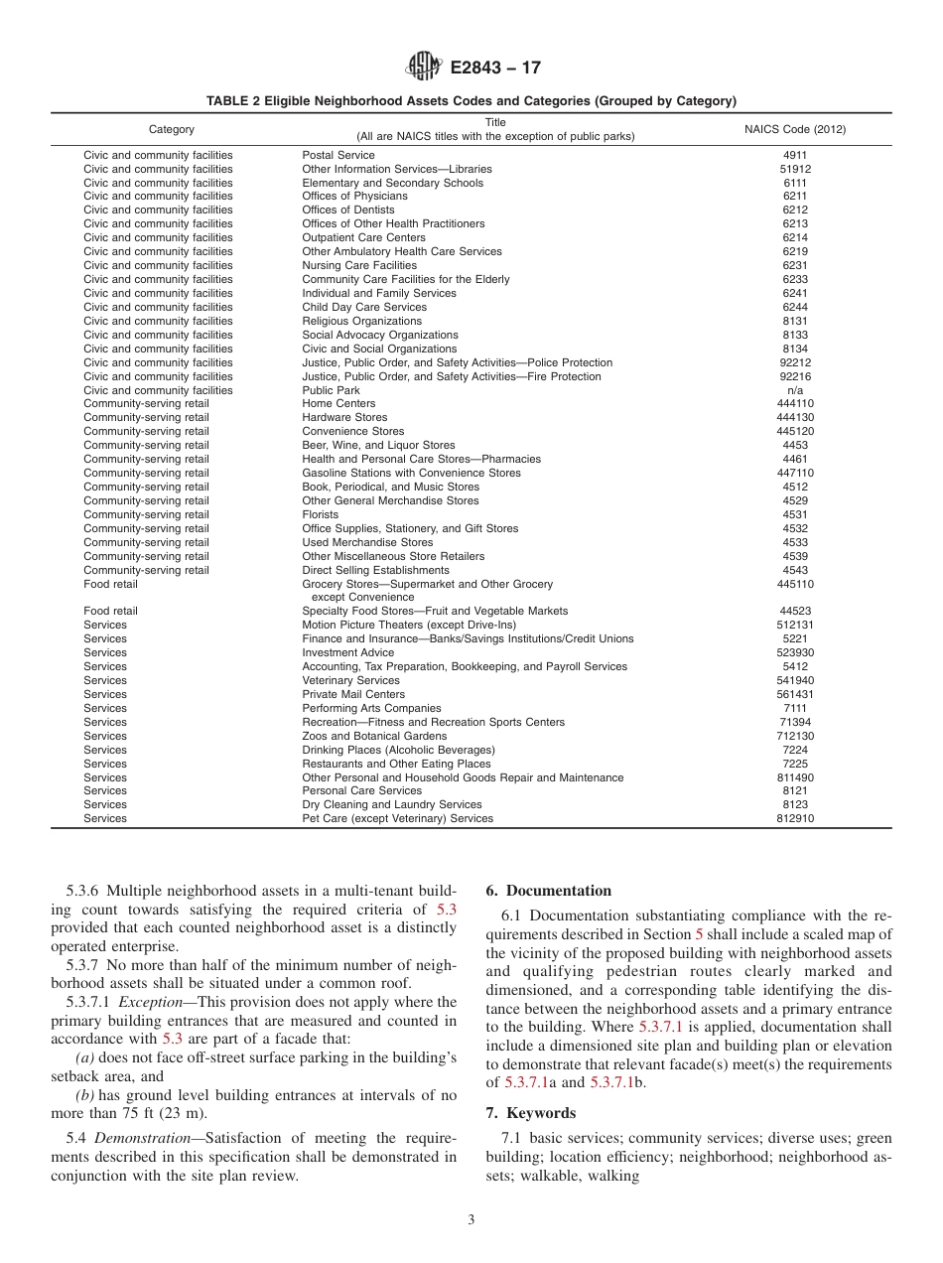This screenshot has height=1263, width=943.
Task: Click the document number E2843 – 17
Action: [x=495, y=69]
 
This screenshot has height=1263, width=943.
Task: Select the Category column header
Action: [x=172, y=130]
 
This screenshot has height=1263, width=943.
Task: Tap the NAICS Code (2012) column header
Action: [x=795, y=130]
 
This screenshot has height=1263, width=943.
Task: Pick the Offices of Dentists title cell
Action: [x=348, y=210]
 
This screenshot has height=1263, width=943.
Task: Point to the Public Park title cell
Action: [x=331, y=390]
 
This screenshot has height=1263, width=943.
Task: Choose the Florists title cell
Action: [x=320, y=515]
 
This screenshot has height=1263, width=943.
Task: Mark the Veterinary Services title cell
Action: [x=350, y=681]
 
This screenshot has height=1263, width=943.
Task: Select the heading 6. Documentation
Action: [x=549, y=891]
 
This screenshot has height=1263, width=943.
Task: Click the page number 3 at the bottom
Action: [x=471, y=1220]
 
